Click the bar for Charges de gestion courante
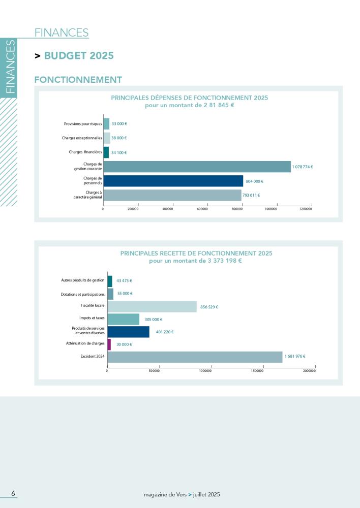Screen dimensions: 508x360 [197, 167]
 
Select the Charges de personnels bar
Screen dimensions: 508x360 [173, 181]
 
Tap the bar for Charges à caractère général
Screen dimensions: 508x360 [172, 196]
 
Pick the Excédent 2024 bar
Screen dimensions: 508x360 [195, 357]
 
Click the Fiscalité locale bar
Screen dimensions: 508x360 [152, 307]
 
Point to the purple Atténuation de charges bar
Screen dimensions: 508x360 [109, 344]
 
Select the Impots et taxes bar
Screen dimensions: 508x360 [123, 320]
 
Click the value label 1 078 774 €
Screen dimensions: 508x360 [303, 167]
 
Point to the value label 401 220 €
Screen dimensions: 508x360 [165, 332]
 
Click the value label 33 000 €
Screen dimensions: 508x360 [119, 123]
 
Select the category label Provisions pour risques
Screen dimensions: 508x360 [83, 123]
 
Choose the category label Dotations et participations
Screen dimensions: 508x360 [82, 294]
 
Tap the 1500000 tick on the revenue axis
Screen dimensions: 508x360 [257, 371]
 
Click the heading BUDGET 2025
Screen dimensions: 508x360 [79, 56]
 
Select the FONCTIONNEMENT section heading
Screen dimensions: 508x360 [78, 80]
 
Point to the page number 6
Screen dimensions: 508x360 [13, 494]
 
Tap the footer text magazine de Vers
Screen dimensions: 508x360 [165, 494]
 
